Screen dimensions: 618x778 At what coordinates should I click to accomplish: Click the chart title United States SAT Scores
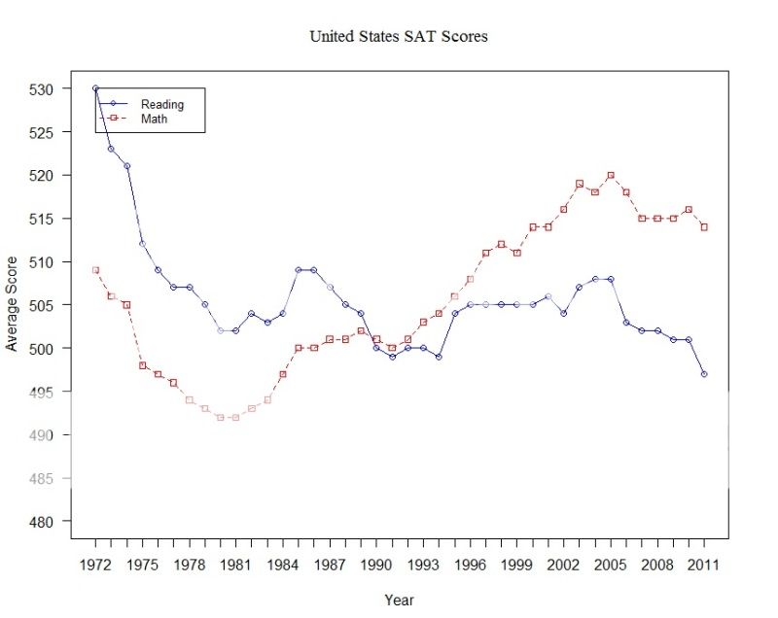pos(398,37)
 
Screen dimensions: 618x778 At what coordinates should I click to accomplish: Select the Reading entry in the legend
pos(161,104)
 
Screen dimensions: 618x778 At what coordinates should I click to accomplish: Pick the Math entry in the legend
pos(155,119)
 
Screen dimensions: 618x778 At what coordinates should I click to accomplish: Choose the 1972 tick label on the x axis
pos(95,565)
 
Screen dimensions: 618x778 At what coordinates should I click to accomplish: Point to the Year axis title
pos(399,600)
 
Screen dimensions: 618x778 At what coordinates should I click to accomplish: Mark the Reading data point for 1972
pos(95,88)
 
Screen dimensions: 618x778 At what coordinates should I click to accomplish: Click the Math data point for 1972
pos(95,270)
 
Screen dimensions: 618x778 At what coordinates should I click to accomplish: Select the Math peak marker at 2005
pos(610,175)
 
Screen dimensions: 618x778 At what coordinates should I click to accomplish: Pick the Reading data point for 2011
pos(703,374)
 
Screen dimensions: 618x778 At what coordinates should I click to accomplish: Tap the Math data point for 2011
pos(703,227)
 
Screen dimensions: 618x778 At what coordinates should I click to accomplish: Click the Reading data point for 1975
pos(142,244)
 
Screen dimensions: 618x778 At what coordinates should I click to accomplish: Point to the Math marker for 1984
pos(282,374)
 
